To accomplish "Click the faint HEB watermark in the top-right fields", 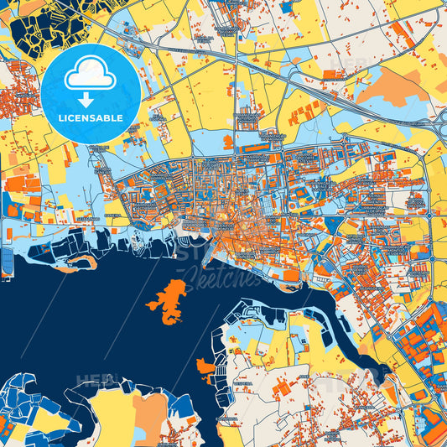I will [x=344, y=63].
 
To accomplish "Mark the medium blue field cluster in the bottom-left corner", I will [x=25, y=411].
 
